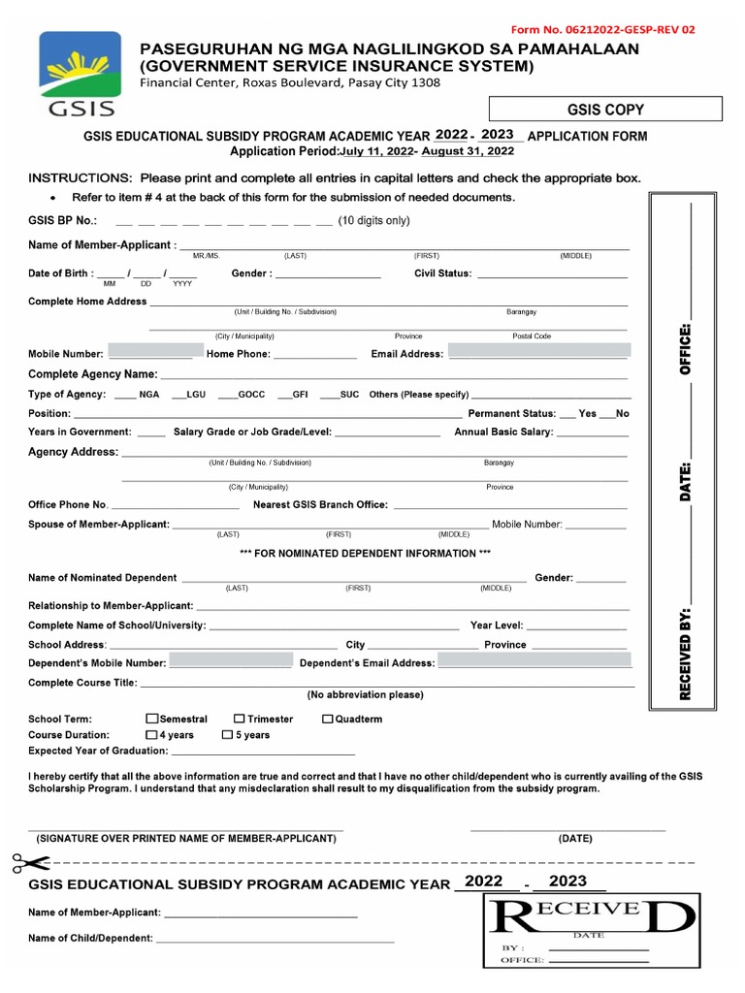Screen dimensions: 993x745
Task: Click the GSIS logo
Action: [x=80, y=73]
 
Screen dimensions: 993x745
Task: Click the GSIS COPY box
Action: [x=604, y=110]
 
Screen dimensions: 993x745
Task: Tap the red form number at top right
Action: [x=602, y=29]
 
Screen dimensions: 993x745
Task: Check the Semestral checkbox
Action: [x=151, y=720]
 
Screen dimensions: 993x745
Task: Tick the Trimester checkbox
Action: [x=239, y=720]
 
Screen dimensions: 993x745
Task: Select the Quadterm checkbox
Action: [x=327, y=720]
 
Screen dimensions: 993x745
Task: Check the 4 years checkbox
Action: [x=151, y=735]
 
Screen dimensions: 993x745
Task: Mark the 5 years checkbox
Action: [x=227, y=735]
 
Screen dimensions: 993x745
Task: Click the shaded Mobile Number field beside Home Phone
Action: [x=151, y=351]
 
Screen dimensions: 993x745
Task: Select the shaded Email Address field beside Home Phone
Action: [x=539, y=351]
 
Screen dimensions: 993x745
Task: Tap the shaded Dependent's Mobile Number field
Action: [x=231, y=661]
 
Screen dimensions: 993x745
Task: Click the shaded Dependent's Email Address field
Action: [x=534, y=661]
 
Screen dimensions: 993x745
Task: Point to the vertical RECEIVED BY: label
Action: [x=686, y=654]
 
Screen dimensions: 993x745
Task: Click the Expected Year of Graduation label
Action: [x=98, y=751]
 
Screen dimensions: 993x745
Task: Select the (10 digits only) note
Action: [x=373, y=220]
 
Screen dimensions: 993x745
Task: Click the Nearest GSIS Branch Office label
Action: [x=320, y=504]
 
